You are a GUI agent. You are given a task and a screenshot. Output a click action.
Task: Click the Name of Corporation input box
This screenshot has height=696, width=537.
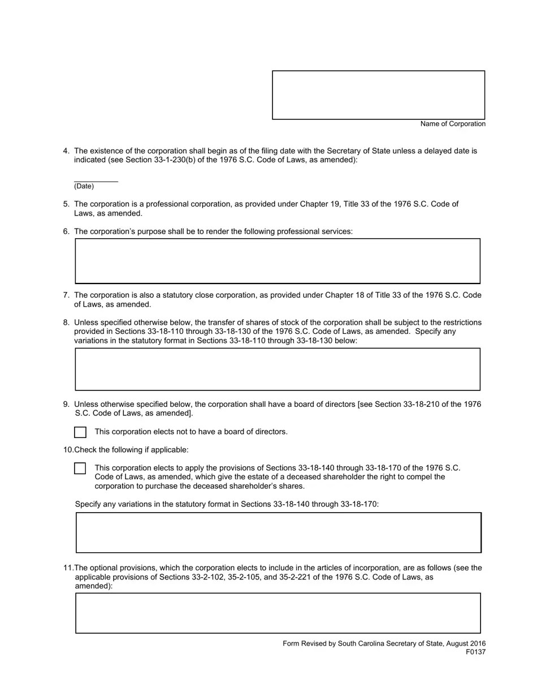click(x=378, y=95)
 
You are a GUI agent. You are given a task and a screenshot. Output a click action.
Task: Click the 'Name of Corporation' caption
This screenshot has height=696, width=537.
click(x=453, y=124)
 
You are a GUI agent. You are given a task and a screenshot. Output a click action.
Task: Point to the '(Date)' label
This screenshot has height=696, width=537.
click(x=84, y=186)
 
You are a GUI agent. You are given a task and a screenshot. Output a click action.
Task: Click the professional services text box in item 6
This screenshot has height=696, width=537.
click(x=278, y=261)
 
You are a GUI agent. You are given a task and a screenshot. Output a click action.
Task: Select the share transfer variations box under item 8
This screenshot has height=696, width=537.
click(x=278, y=369)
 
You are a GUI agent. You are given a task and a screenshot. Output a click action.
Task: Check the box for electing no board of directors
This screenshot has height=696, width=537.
click(x=80, y=432)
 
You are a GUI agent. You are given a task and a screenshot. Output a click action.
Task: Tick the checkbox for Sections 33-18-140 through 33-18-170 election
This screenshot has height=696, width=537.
click(x=80, y=469)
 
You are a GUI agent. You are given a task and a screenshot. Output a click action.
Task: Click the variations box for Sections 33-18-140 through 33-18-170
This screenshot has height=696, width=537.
click(x=278, y=532)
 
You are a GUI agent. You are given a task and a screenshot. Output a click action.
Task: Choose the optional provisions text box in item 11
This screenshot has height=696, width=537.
click(x=278, y=613)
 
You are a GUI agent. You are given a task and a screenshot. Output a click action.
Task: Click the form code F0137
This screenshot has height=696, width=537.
click(x=475, y=652)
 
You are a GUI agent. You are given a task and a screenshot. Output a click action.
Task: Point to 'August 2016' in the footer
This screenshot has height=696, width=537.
click(x=466, y=643)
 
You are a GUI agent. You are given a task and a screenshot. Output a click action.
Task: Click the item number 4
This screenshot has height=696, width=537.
click(x=66, y=151)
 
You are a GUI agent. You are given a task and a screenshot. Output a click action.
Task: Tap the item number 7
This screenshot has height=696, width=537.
click(x=66, y=295)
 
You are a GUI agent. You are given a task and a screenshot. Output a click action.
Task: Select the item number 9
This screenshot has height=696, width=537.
click(x=66, y=405)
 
